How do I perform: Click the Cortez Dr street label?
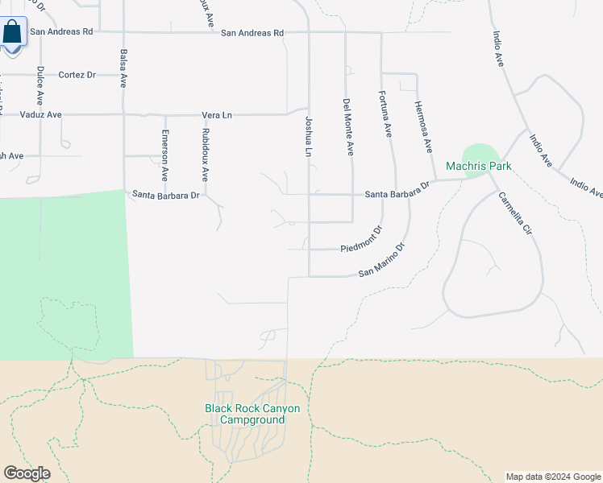[77, 75]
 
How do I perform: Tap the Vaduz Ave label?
[41, 115]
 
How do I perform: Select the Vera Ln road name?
[216, 115]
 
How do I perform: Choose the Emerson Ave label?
[164, 155]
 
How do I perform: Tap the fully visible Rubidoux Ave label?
[206, 153]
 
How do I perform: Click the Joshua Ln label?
[308, 136]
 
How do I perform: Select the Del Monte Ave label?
[347, 126]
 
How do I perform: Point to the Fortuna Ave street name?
[386, 114]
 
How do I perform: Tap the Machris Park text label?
[479, 167]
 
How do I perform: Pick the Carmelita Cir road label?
[515, 213]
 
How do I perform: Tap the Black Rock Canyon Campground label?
[252, 414]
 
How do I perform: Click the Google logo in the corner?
[27, 473]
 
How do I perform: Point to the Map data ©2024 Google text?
[553, 477]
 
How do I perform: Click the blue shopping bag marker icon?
[13, 33]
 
